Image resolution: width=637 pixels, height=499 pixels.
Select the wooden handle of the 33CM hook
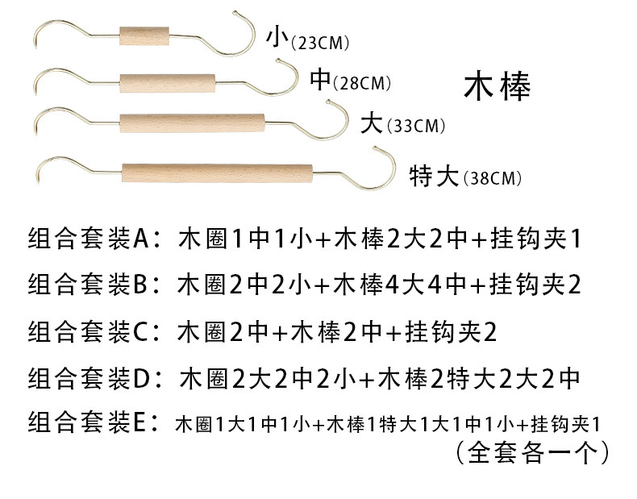tap(192, 124)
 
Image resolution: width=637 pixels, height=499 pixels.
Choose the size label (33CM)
tap(415, 126)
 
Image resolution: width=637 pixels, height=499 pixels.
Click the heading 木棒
tap(498, 87)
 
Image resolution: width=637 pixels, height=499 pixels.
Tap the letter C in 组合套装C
tap(139, 330)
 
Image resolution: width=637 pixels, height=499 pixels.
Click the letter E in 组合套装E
tap(139, 421)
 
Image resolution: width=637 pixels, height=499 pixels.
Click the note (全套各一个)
tap(531, 452)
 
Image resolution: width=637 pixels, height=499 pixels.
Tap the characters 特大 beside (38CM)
tap(435, 175)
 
